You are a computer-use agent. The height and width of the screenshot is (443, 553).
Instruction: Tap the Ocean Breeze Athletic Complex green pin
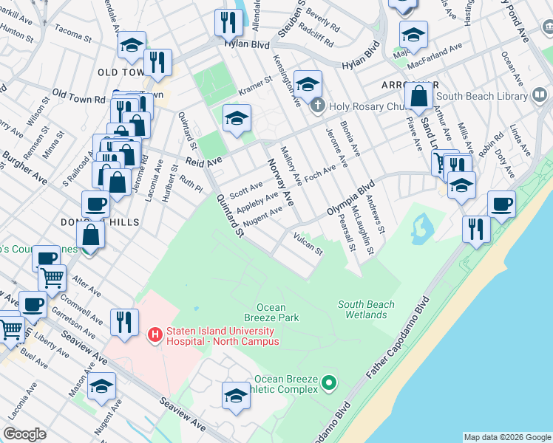tap(330, 383)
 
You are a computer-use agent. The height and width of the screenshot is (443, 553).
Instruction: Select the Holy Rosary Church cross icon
tap(318, 105)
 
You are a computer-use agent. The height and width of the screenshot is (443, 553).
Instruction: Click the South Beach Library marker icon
tap(540, 96)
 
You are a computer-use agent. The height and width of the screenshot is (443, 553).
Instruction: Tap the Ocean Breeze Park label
tap(277, 312)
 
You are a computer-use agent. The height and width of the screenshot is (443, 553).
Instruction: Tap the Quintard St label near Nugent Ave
tap(229, 215)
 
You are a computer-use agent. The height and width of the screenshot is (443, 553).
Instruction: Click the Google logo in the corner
tap(24, 434)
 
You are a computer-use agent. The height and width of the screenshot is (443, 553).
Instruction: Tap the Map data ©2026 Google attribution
tap(506, 437)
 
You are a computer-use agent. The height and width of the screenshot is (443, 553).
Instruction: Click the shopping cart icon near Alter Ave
tap(52, 278)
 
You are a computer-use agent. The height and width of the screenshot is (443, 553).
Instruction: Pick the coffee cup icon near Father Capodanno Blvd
tap(501, 203)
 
